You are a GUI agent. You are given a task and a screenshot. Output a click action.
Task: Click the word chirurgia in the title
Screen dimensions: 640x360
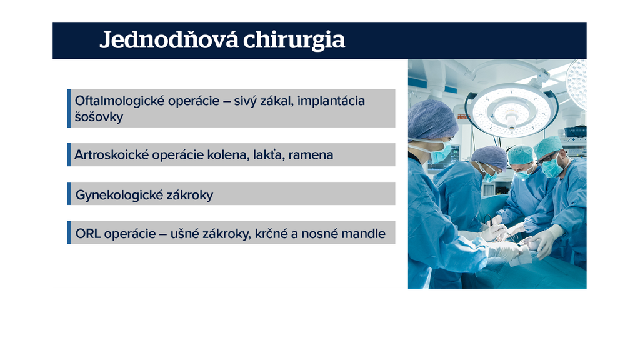[294, 40]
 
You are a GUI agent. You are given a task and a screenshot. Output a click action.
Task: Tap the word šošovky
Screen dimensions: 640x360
[99, 117]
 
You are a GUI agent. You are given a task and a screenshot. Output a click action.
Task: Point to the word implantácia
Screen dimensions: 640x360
[331, 101]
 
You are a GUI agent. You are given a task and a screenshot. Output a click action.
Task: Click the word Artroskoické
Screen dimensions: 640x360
[111, 155]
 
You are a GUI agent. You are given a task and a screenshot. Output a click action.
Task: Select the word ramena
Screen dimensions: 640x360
[311, 155]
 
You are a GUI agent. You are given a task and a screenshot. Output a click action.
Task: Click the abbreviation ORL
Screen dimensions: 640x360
[87, 234]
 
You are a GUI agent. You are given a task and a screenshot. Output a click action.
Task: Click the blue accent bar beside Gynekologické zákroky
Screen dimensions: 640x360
[69, 194]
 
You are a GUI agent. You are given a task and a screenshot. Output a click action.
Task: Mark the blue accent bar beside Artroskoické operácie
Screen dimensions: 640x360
[69, 155]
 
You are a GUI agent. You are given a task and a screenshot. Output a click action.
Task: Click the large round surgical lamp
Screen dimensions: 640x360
[511, 109]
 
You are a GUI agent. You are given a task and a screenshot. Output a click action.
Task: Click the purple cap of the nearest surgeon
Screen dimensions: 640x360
[432, 121]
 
